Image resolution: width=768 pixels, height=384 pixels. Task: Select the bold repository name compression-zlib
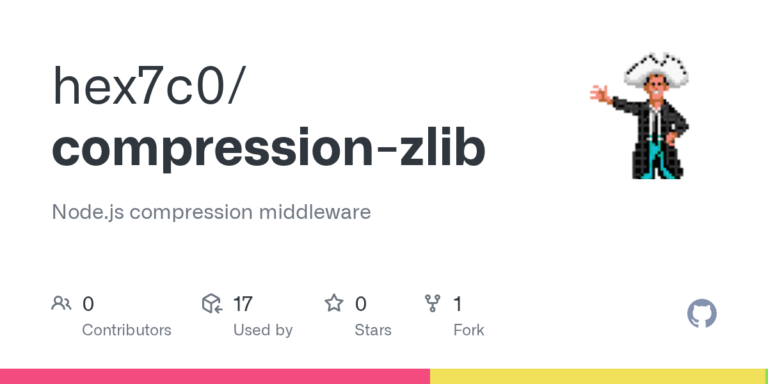pyautogui.click(x=269, y=148)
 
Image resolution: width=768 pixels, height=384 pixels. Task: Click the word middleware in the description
pyautogui.click(x=315, y=212)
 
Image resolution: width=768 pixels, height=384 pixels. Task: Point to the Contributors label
pyautogui.click(x=127, y=330)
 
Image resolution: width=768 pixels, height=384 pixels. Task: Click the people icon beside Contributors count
pyautogui.click(x=61, y=303)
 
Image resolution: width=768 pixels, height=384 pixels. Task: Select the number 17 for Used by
pyautogui.click(x=243, y=304)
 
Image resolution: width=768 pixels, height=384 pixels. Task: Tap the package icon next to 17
pyautogui.click(x=212, y=303)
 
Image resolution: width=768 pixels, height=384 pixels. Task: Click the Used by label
pyautogui.click(x=263, y=330)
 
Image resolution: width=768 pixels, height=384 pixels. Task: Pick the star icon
pyautogui.click(x=334, y=303)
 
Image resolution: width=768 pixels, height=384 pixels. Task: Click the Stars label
pyautogui.click(x=373, y=330)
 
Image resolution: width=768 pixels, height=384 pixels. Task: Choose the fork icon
pyautogui.click(x=433, y=303)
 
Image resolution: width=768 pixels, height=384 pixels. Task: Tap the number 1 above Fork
pyautogui.click(x=458, y=304)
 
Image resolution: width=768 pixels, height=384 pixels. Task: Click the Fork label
pyautogui.click(x=469, y=330)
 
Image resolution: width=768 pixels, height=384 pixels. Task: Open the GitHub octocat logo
pyautogui.click(x=701, y=314)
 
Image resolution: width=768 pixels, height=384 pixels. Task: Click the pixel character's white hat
pyautogui.click(x=657, y=68)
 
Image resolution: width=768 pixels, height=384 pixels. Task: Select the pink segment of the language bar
pyautogui.click(x=214, y=376)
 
